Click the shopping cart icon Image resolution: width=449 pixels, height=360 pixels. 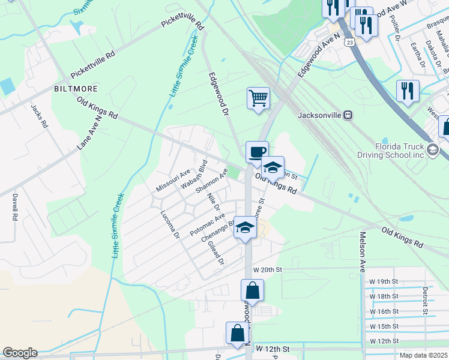pyautogui.click(x=258, y=98)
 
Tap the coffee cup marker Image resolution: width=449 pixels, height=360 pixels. pyautogui.click(x=257, y=152)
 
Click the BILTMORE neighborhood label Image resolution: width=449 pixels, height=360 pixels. pyautogui.click(x=76, y=88)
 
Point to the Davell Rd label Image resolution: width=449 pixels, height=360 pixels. pyautogui.click(x=14, y=207)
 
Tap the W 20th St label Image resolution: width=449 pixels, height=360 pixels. pyautogui.click(x=267, y=270)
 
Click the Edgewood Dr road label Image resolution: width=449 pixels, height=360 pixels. pyautogui.click(x=218, y=94)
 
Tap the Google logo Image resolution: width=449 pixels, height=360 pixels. pyautogui.click(x=20, y=353)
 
